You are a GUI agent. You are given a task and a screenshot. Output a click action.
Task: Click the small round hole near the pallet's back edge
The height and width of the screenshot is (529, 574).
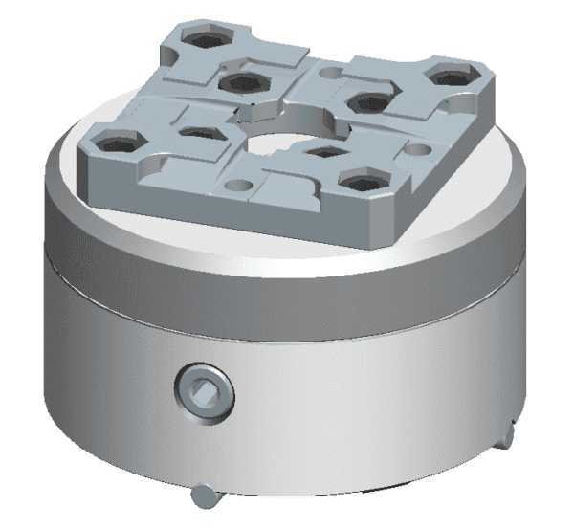330,72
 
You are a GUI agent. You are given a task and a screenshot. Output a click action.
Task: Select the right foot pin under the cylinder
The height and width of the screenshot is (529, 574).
507,434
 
